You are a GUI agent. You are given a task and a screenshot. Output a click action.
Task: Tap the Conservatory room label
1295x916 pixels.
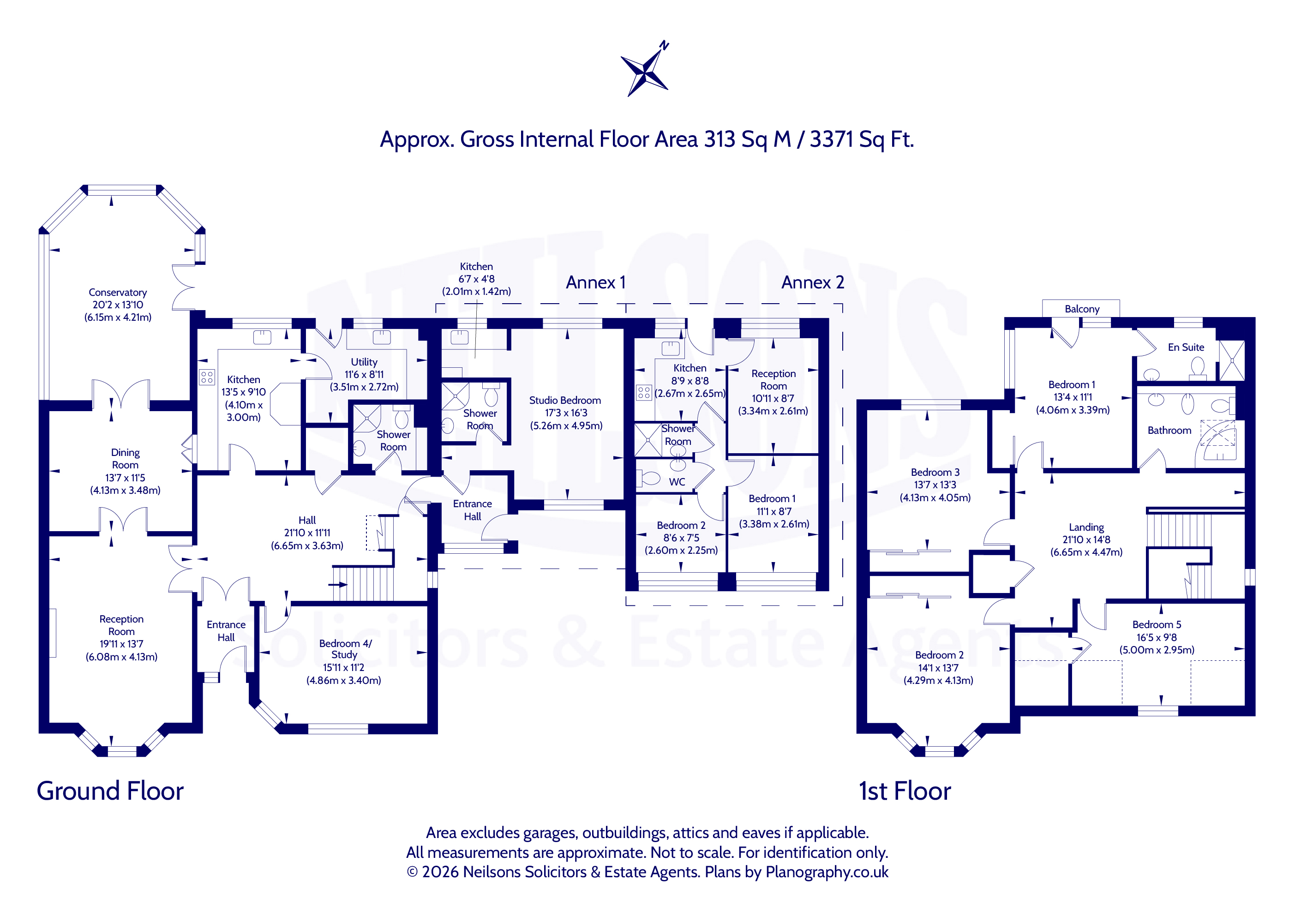tap(118, 292)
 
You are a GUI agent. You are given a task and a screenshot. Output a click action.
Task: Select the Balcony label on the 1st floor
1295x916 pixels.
tap(1082, 309)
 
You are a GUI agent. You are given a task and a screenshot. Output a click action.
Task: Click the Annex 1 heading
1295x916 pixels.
tap(596, 282)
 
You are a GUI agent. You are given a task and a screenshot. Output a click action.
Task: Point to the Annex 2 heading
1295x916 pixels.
tap(812, 282)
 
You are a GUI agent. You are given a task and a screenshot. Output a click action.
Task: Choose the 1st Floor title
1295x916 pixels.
tap(905, 791)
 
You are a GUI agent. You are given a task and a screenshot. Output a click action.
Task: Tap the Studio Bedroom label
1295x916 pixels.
tap(565, 400)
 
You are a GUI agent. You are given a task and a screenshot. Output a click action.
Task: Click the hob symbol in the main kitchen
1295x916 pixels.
tap(207, 377)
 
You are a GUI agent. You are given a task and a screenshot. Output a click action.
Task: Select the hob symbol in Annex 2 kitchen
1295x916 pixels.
tap(643, 393)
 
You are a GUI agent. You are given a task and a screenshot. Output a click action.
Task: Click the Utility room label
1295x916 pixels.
tap(364, 362)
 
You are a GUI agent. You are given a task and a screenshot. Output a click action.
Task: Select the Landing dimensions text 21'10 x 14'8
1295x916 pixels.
tap(1086, 540)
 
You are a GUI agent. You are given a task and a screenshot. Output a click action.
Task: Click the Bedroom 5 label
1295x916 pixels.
tap(1157, 624)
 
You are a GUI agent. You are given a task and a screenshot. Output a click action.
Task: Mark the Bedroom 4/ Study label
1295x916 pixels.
tap(345, 649)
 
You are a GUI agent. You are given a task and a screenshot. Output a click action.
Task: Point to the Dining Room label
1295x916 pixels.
tap(125, 459)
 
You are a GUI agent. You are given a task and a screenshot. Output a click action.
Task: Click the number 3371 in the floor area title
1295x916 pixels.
tap(831, 139)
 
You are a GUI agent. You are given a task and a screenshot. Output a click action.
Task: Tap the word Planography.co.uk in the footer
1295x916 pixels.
tap(827, 872)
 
